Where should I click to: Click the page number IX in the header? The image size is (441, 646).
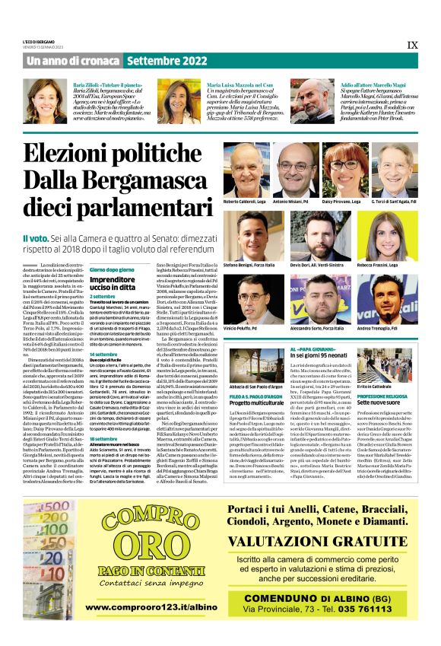click(x=412, y=45)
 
